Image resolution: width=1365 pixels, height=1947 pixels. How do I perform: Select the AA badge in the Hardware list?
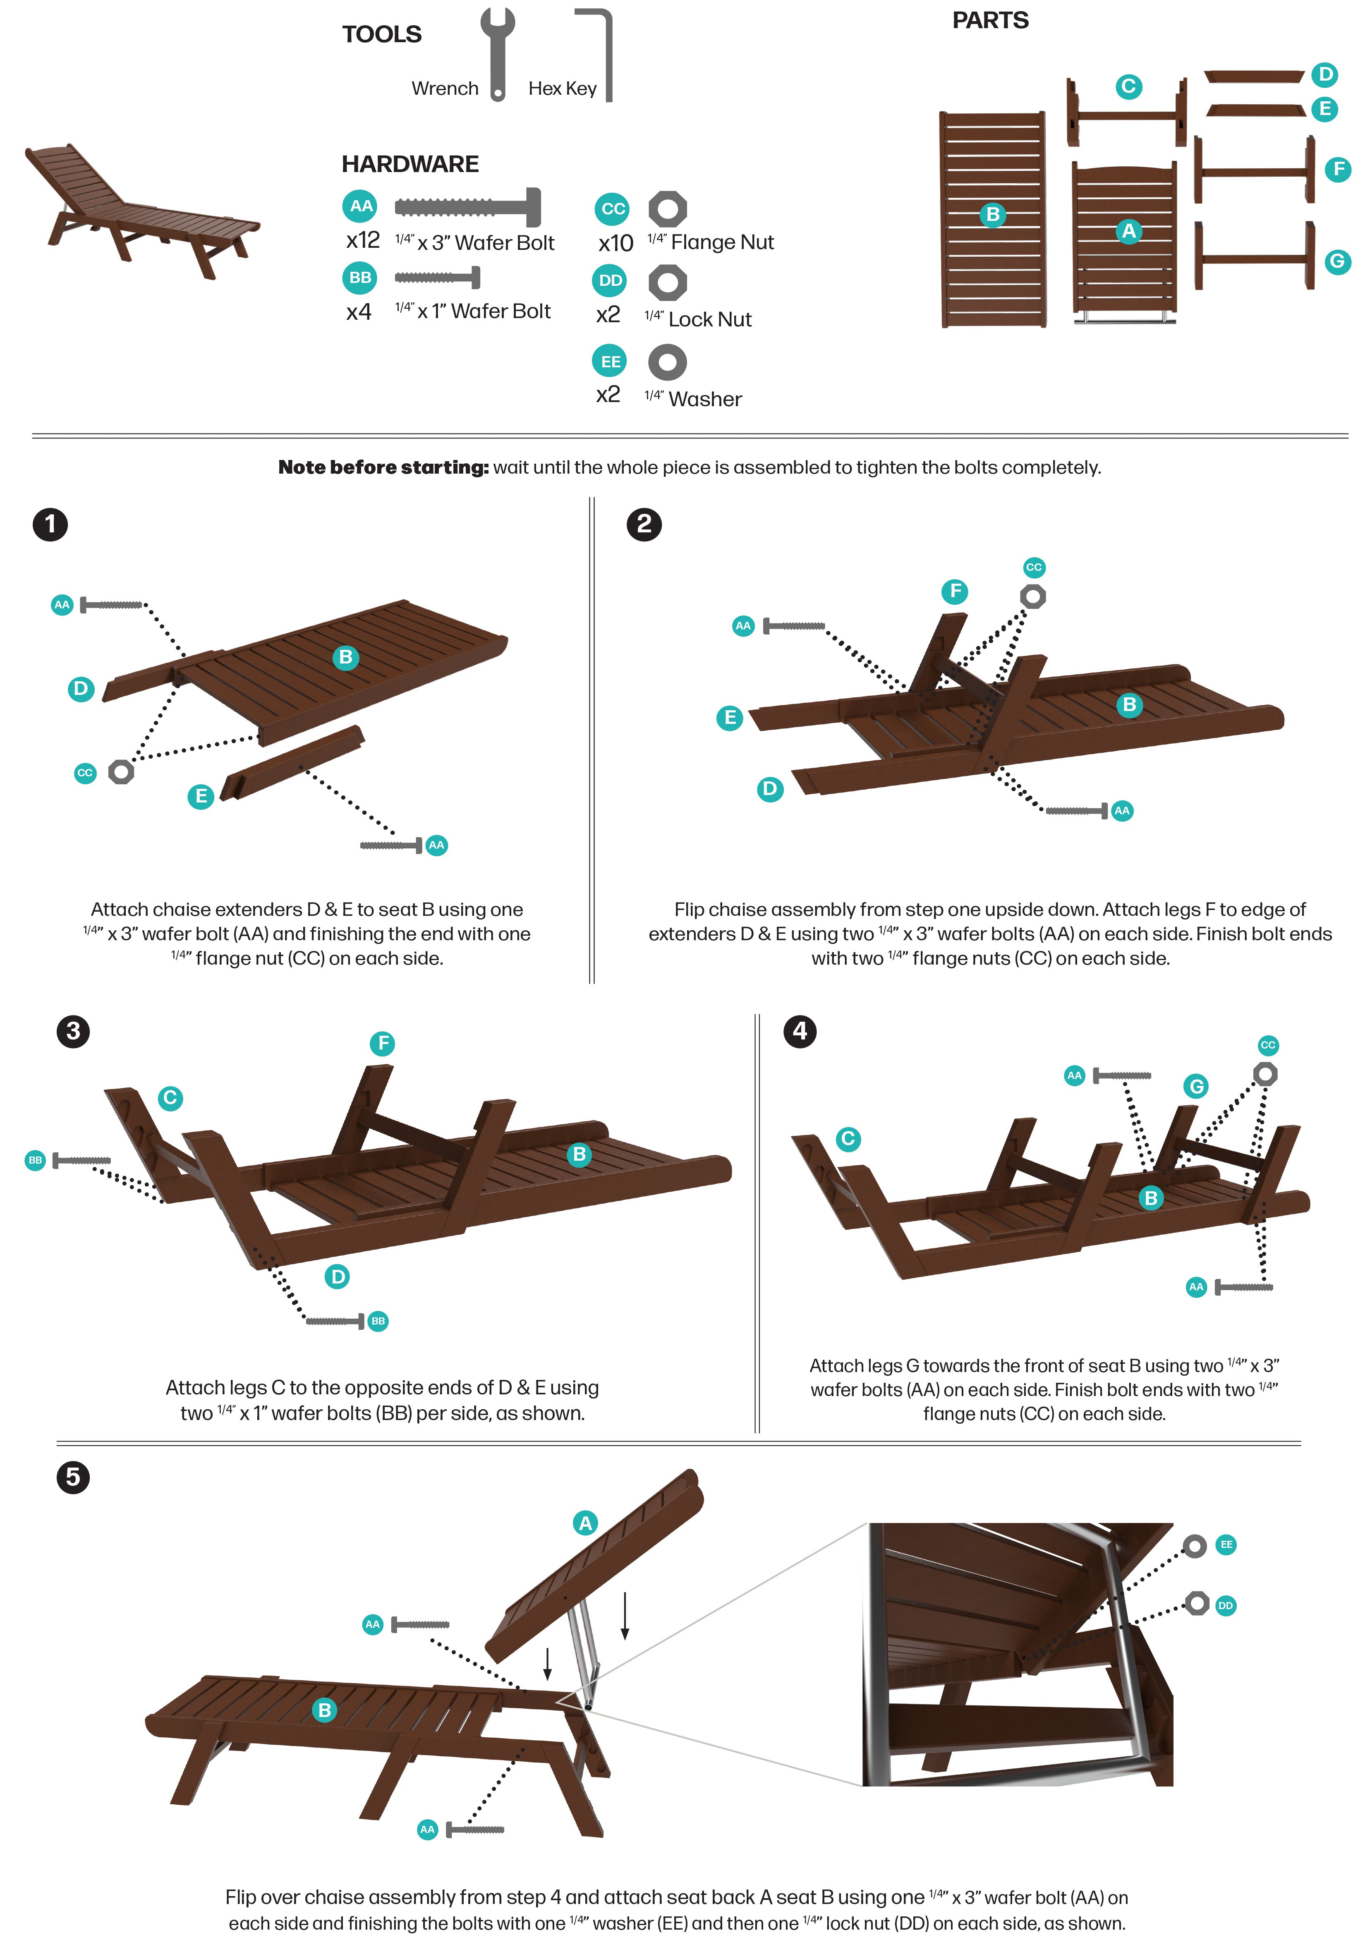pos(361,206)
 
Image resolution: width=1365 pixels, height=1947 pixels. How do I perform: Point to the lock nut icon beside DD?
pos(667,283)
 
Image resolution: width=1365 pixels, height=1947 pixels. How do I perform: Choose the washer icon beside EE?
pos(667,362)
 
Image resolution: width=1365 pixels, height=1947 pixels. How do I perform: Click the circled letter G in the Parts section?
pos(1337,261)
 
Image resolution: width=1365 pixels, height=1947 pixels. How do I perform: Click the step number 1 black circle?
pos(50,524)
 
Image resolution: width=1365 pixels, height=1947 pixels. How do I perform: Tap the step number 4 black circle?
pos(800,1031)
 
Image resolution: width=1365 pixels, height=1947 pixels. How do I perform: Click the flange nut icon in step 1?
pos(121,772)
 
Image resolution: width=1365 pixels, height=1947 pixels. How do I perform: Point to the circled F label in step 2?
pos(955,591)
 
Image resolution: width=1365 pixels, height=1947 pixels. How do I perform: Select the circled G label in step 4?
pos(1195,1086)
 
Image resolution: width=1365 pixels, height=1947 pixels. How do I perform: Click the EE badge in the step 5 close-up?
pos(1226,1544)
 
